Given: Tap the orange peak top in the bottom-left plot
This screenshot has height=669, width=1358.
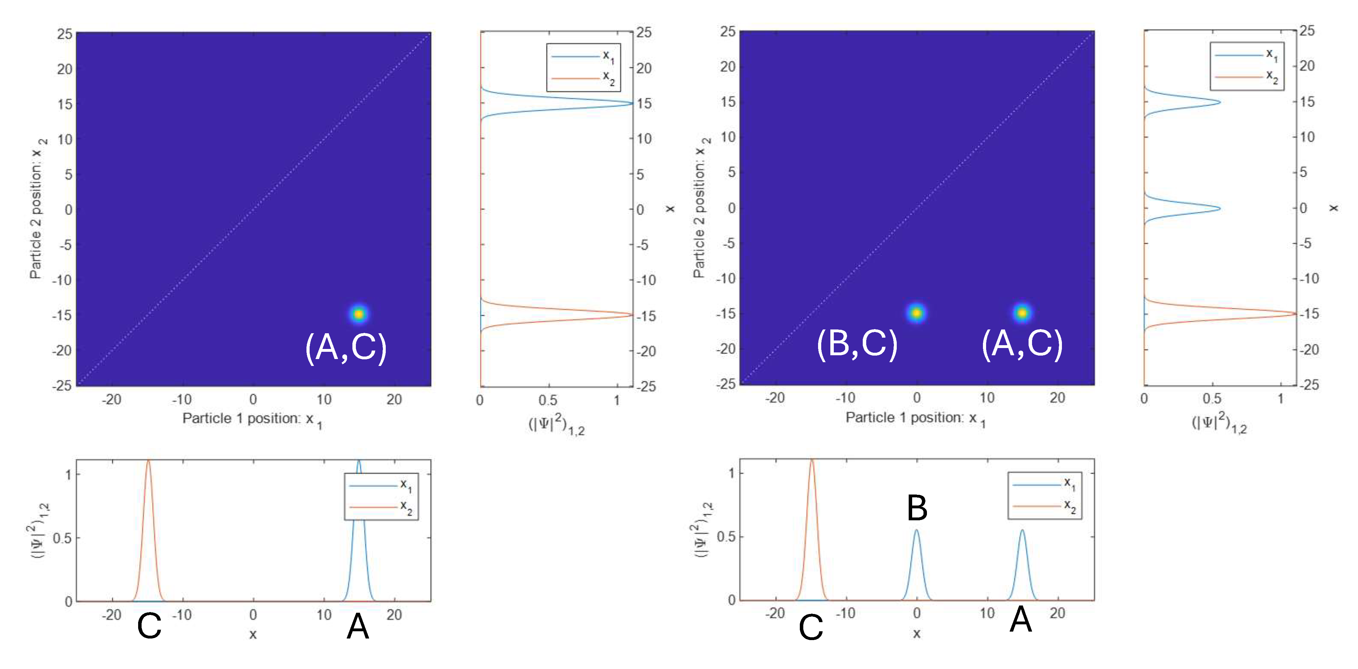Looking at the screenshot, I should (149, 462).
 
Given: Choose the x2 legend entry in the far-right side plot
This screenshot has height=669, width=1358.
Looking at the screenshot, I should (1247, 77).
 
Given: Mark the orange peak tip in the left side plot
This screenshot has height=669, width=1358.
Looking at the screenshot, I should (631, 315).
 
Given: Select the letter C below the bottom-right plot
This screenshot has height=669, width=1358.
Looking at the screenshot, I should (811, 628).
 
